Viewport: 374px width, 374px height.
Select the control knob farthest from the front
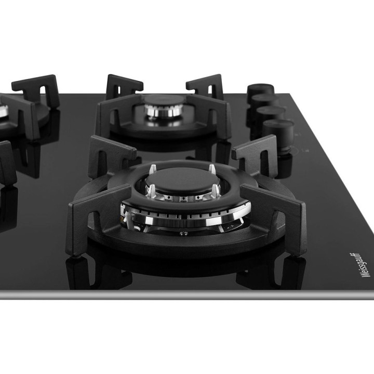[x=260, y=90]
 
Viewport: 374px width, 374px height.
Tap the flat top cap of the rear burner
[x=164, y=99]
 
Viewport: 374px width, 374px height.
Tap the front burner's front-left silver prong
[x=152, y=191]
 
